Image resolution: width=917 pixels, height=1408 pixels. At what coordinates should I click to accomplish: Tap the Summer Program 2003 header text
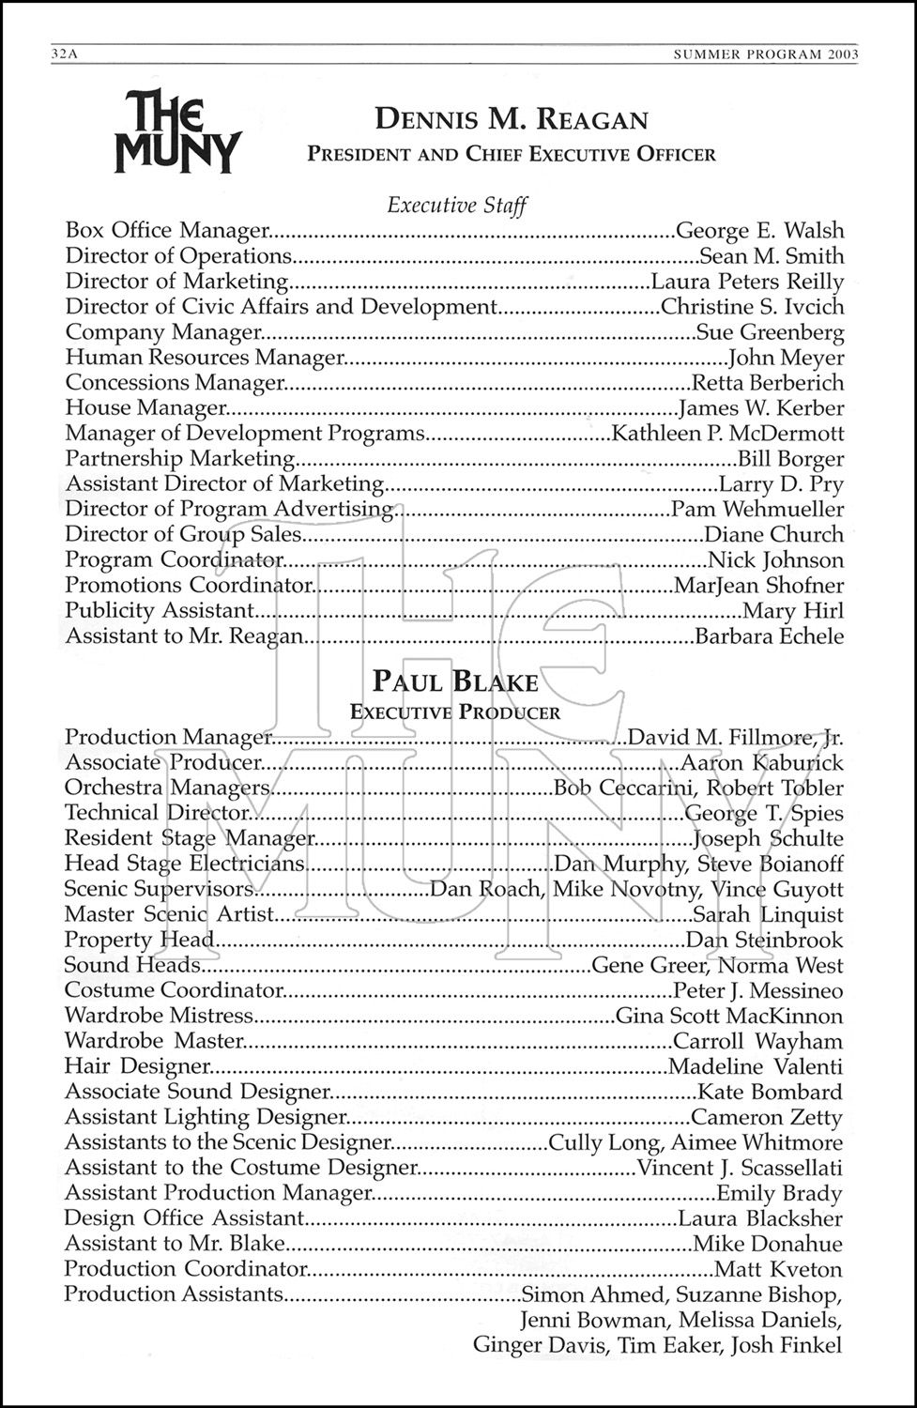766,54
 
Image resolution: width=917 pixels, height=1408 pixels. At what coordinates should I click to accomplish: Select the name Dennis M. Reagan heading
512,120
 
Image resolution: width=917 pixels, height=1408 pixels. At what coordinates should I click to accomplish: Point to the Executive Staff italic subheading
457,205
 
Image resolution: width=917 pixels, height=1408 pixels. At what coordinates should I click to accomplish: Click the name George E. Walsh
759,231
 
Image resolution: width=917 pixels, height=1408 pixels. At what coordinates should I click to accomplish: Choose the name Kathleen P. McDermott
727,434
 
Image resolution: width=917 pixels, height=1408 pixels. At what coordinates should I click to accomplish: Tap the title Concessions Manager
175,383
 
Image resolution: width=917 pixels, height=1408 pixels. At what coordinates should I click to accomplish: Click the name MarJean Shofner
758,586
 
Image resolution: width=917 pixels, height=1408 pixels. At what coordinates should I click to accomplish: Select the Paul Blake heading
456,681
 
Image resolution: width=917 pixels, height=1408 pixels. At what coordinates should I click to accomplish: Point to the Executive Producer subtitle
455,712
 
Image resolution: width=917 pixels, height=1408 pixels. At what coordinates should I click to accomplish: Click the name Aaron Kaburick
762,763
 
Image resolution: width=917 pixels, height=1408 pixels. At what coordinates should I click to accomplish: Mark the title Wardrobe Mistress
160,1017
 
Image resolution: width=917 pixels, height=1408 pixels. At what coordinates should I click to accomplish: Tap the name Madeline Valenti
756,1067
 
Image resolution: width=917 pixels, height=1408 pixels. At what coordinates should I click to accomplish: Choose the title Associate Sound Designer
197,1093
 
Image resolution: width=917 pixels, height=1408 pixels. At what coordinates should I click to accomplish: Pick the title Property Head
140,941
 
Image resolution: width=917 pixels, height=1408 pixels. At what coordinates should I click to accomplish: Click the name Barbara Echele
769,636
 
